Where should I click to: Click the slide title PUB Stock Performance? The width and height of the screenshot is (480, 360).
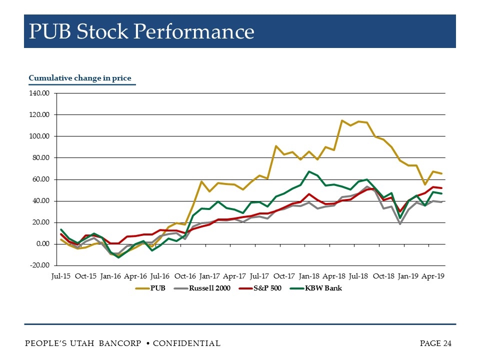coord(141,32)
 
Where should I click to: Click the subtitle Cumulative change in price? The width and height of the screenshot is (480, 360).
coord(80,78)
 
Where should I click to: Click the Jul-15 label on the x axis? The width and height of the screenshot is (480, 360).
coord(61,276)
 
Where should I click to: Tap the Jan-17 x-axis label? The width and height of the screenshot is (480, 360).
coord(209,276)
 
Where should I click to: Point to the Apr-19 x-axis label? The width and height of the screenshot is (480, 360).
coord(433,276)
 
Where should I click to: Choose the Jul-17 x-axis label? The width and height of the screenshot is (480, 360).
coord(259,276)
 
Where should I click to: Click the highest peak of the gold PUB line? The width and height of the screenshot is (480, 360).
coord(342,120)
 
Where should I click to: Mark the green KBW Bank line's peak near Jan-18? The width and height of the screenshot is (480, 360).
coord(309,171)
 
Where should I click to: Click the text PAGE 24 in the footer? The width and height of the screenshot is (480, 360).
coord(435,343)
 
